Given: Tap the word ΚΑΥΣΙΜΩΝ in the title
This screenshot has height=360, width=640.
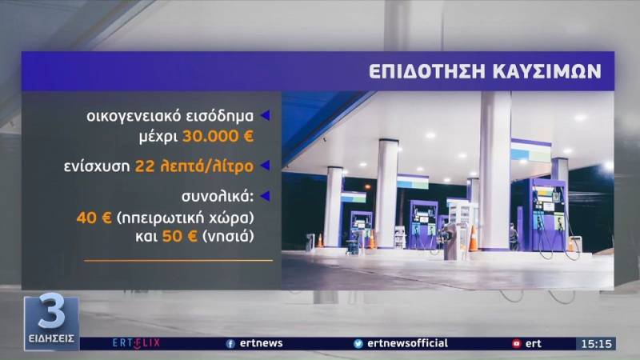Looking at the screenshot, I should [x=546, y=71].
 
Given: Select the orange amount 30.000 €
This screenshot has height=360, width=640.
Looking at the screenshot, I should [x=218, y=136].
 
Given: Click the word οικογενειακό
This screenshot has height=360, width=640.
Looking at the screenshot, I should [x=128, y=115].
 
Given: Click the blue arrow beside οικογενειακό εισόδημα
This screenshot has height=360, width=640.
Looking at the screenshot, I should [x=266, y=115].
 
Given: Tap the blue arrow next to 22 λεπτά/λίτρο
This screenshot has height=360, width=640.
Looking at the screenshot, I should [x=266, y=166].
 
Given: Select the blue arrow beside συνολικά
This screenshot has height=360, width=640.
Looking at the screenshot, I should [x=266, y=197].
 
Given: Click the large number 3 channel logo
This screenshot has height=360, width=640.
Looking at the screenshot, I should [x=51, y=314].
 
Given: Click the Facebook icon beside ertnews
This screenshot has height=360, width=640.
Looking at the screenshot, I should [x=230, y=343].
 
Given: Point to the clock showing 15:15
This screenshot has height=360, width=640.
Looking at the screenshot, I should [x=597, y=343].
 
